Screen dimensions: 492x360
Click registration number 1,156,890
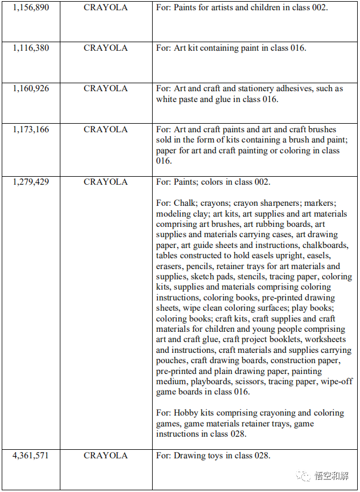(x=31, y=8)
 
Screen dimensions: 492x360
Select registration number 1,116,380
(x=31, y=48)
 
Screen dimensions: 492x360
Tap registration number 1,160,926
(x=31, y=88)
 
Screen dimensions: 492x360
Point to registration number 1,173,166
(x=31, y=129)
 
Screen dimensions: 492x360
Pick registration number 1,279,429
(x=31, y=182)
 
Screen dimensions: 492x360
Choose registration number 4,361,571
(x=31, y=456)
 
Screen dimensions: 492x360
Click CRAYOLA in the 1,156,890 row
(x=106, y=8)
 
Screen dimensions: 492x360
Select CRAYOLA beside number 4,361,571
(x=106, y=456)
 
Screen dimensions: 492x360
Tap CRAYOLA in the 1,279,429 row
(x=106, y=182)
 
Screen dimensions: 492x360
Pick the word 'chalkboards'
(x=326, y=245)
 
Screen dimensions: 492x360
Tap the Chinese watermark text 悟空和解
(x=333, y=476)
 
